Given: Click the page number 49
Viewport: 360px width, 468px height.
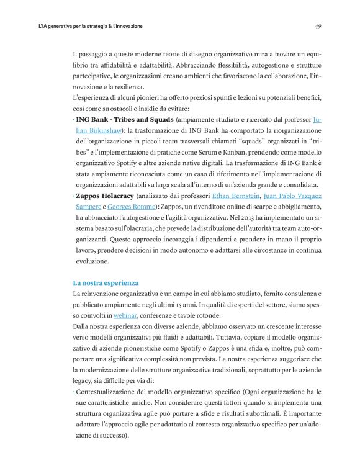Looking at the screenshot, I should click(x=317, y=27).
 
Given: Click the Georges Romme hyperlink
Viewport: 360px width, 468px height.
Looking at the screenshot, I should click(x=126, y=207).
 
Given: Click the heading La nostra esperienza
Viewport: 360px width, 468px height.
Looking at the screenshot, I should click(x=106, y=282).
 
